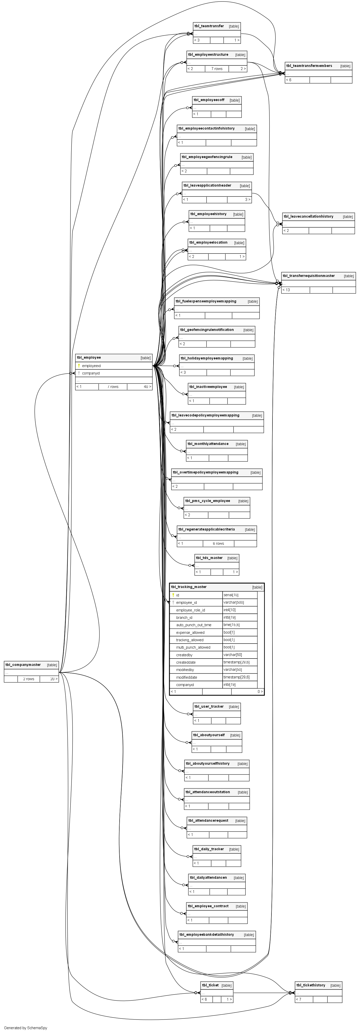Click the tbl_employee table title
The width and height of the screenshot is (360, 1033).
89,357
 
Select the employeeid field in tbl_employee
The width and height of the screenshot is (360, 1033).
91,366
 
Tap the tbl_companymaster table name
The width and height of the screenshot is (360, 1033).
23,664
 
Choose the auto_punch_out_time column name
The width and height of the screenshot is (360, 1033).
194,625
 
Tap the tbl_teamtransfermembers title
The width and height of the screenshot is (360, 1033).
309,66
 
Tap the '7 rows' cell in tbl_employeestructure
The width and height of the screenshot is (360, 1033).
217,68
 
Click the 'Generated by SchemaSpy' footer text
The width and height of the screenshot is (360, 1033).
26,1028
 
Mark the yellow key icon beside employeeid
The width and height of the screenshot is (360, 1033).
79,366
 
